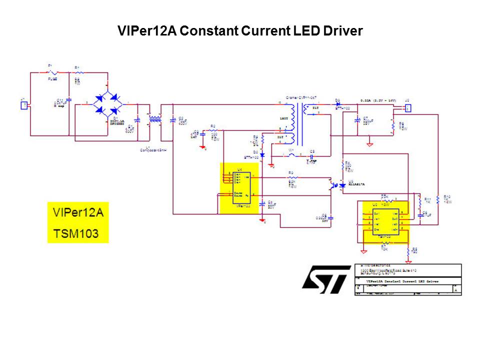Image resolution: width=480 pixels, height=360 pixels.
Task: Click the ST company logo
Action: tap(326, 280)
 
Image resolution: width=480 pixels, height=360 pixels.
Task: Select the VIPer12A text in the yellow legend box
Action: tap(77, 212)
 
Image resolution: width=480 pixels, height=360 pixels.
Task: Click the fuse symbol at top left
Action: tap(52, 73)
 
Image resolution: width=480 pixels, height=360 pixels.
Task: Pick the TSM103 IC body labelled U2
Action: tap(384, 220)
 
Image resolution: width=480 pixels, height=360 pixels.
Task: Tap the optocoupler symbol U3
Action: tap(336, 184)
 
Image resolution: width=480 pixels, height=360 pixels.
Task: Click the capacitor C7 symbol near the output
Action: tap(357, 120)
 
